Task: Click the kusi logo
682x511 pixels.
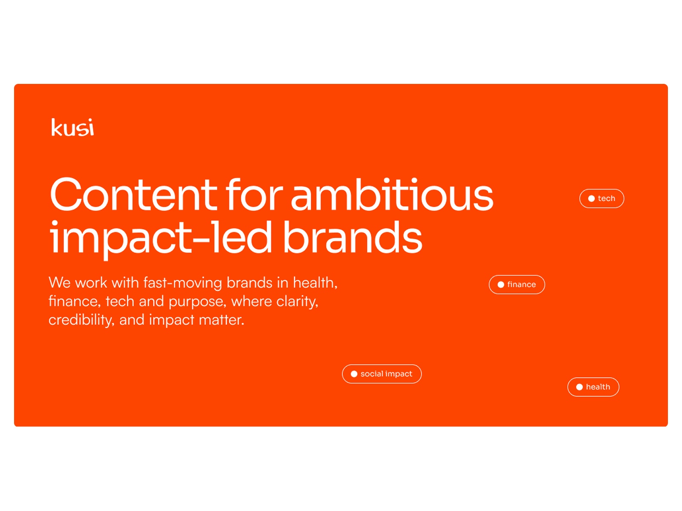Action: coord(72,127)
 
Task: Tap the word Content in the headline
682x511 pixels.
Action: coord(133,195)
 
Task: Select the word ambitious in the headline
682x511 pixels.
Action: coord(392,195)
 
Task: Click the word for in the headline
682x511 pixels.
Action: coord(254,195)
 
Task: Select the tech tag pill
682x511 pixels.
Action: coord(602,198)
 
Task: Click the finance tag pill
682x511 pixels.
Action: coord(517,284)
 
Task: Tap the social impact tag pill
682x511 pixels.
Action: coord(382,374)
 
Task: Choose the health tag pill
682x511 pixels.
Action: coord(593,387)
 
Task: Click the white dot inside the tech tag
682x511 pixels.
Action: coord(592,198)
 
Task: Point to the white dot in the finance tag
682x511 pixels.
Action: coord(501,285)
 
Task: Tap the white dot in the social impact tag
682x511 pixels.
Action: coord(354,374)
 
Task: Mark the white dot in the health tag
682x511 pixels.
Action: coord(579,387)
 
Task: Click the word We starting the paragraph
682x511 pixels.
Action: coord(60,283)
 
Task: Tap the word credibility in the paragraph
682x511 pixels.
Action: coord(81,320)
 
